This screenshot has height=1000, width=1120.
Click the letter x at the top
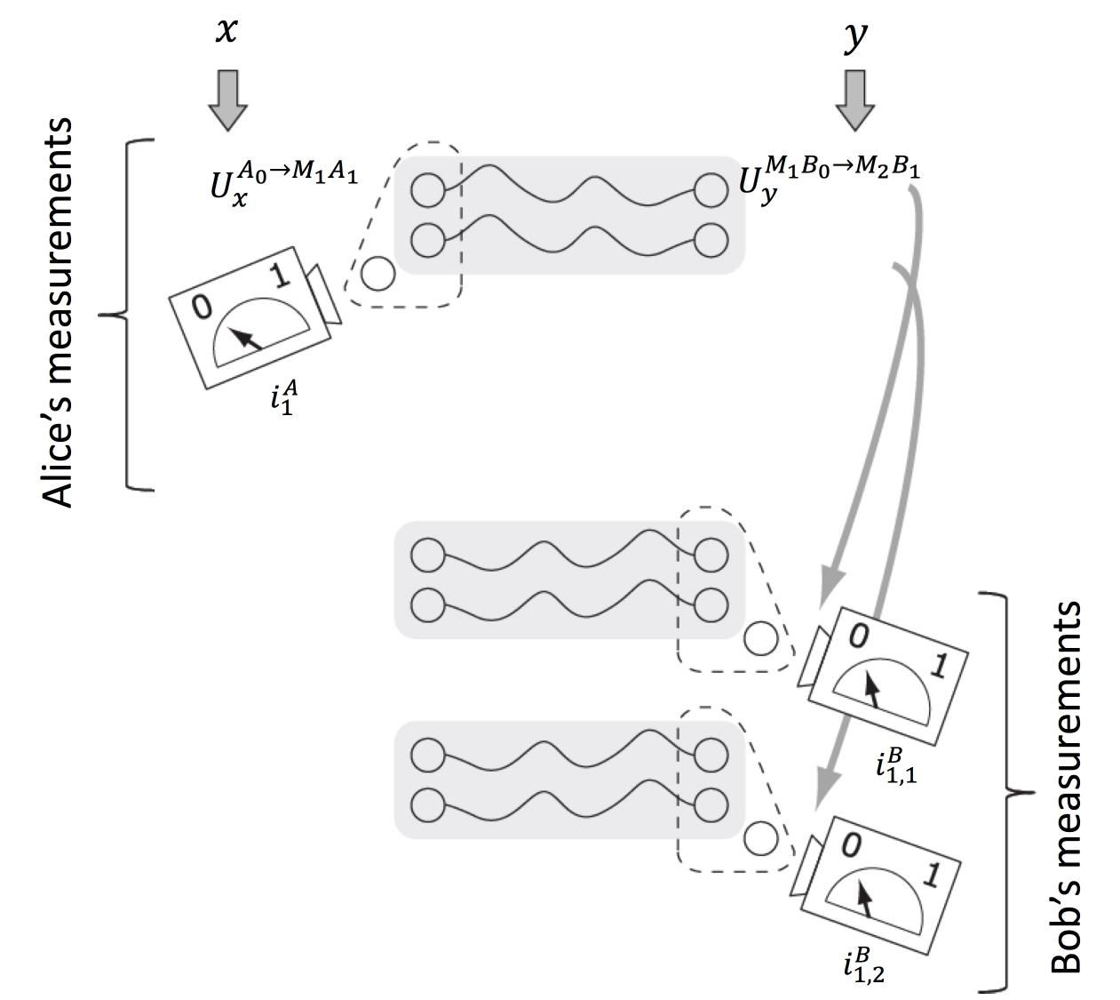tap(227, 33)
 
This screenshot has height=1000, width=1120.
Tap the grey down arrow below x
tap(228, 100)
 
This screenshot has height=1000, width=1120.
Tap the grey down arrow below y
tap(855, 100)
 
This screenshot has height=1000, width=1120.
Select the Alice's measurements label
tap(60, 313)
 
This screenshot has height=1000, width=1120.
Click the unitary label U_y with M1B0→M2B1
tap(829, 178)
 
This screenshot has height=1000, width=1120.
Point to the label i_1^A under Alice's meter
tap(284, 396)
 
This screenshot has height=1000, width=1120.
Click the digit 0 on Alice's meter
tap(203, 308)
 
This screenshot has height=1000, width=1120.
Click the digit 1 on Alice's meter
tap(280, 276)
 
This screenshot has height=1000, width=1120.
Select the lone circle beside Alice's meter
tap(377, 274)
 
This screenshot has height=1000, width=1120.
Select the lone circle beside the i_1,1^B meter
tap(760, 638)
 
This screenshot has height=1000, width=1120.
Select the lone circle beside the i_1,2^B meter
tap(760, 838)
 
